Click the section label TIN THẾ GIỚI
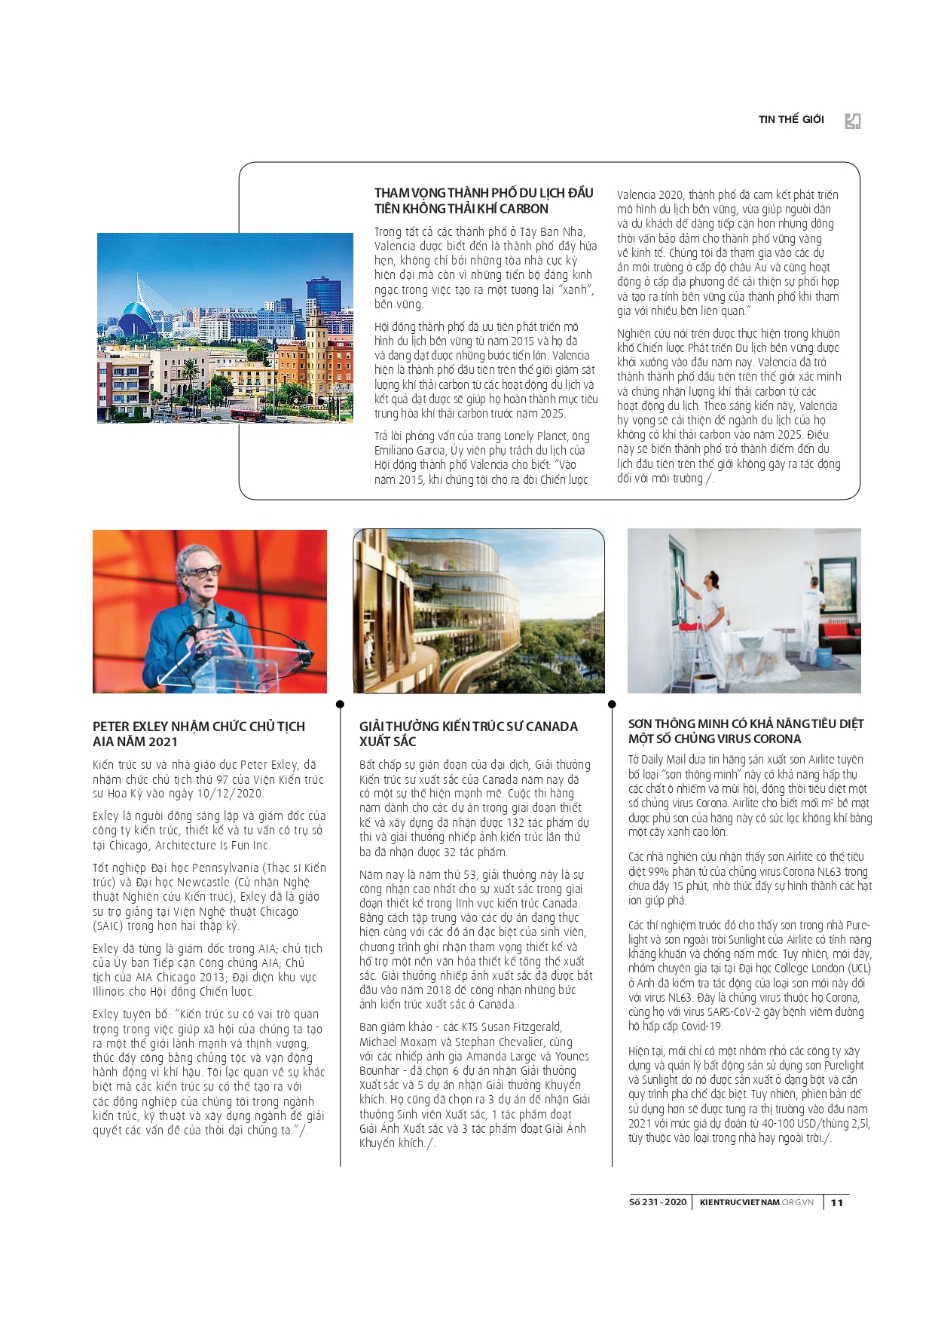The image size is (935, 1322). [790, 119]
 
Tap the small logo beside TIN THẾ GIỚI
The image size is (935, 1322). [852, 121]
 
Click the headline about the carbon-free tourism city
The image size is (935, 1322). [484, 200]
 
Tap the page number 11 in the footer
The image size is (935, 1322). [836, 1202]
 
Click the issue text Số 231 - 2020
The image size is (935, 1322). [658, 1202]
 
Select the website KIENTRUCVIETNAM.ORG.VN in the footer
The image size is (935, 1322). [756, 1202]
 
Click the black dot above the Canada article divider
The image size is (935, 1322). [340, 704]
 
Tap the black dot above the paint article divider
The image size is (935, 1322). [612, 704]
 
